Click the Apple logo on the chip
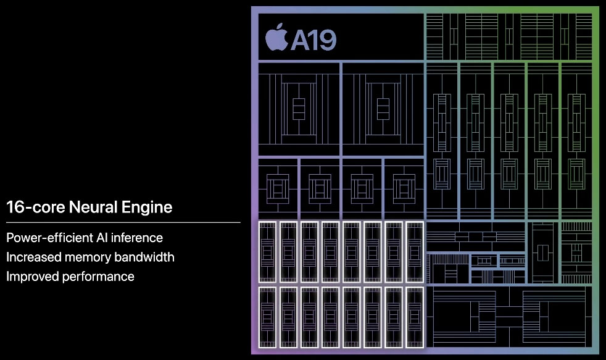pyautogui.click(x=276, y=38)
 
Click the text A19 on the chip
pyautogui.click(x=313, y=40)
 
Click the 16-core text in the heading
pyautogui.click(x=30, y=207)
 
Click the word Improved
pyautogui.click(x=32, y=276)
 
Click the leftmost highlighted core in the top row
pyautogui.click(x=267, y=252)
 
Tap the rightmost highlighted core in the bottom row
pyautogui.click(x=415, y=317)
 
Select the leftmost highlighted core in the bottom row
pyautogui.click(x=267, y=317)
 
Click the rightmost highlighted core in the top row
pyautogui.click(x=415, y=252)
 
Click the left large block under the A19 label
pyautogui.click(x=298, y=109)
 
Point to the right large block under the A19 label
pyautogui.click(x=382, y=109)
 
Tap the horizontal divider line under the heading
pyautogui.click(x=123, y=222)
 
